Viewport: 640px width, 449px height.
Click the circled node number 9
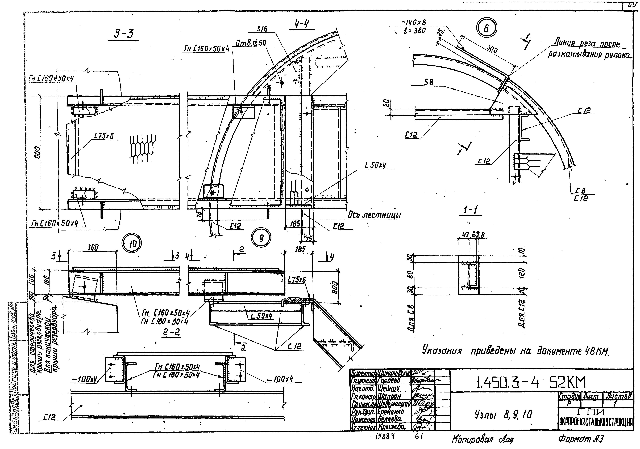(x=261, y=238)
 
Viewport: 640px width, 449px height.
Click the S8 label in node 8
(x=429, y=82)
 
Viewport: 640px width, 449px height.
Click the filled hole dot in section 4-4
(x=282, y=83)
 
